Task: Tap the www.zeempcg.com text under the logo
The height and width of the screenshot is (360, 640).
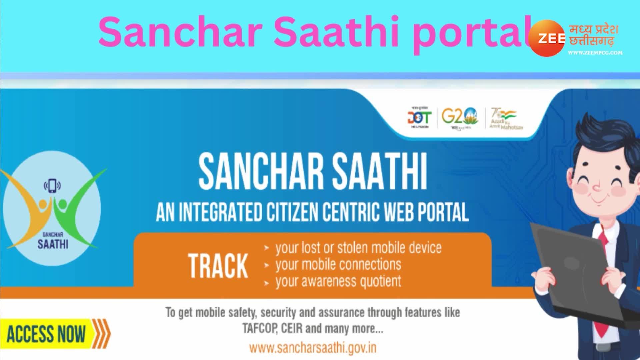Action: [595, 53]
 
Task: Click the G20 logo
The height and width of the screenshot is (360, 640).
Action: [459, 117]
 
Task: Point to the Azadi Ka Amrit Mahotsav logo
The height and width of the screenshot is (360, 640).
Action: [503, 119]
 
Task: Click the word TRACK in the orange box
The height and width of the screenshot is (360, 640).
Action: [218, 266]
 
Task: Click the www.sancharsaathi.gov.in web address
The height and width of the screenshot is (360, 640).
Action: [313, 348]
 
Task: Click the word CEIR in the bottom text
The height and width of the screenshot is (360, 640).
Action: [292, 329]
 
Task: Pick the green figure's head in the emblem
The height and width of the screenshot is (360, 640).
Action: [62, 203]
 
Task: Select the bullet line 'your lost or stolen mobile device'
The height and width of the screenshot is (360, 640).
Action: [358, 248]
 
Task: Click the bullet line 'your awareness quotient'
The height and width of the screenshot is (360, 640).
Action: [338, 282]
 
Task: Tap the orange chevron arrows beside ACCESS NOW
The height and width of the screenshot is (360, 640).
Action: [101, 333]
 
